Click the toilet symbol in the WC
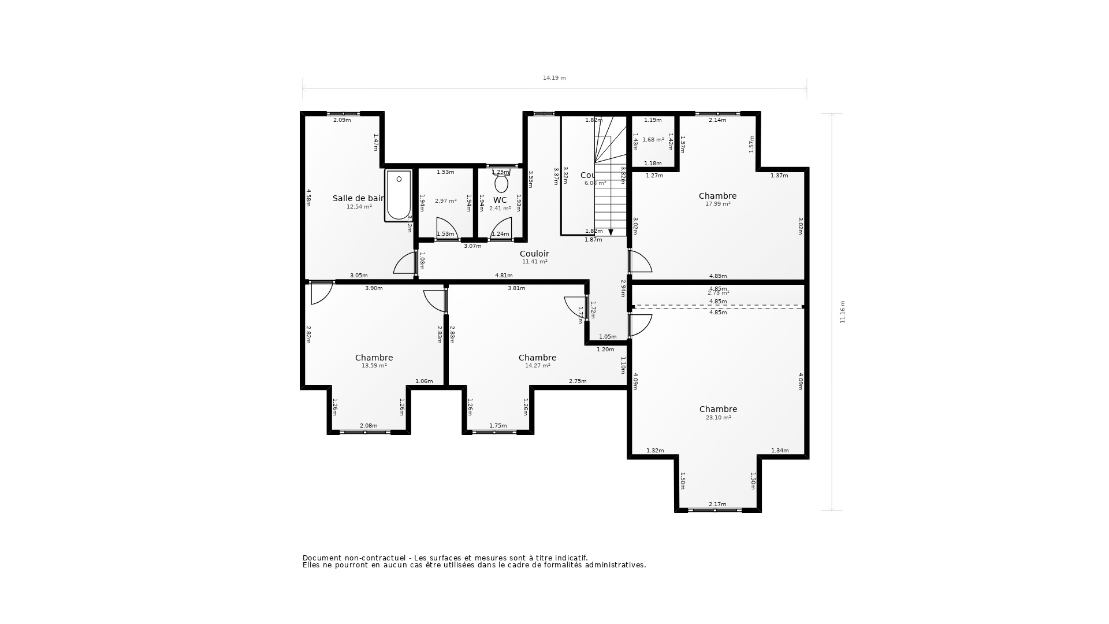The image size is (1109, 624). (501, 183)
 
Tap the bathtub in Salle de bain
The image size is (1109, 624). (399, 195)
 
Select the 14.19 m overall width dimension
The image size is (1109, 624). (554, 78)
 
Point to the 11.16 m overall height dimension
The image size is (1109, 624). (842, 311)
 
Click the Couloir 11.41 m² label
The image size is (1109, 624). (534, 257)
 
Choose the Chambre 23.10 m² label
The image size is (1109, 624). (718, 413)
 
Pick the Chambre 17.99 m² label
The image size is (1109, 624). (717, 199)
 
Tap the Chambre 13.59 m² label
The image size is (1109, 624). (374, 361)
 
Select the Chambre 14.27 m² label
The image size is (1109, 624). (537, 361)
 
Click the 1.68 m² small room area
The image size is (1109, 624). (653, 140)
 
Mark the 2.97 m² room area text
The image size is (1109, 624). (445, 201)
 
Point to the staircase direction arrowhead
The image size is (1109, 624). (611, 232)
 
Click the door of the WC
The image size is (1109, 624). (501, 229)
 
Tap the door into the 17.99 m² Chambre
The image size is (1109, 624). (640, 262)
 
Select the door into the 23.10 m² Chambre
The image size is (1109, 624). (640, 325)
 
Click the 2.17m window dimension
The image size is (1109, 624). (717, 504)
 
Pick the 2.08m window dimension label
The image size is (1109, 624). (369, 426)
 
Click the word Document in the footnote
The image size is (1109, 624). (322, 558)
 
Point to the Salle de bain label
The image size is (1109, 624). (359, 198)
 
